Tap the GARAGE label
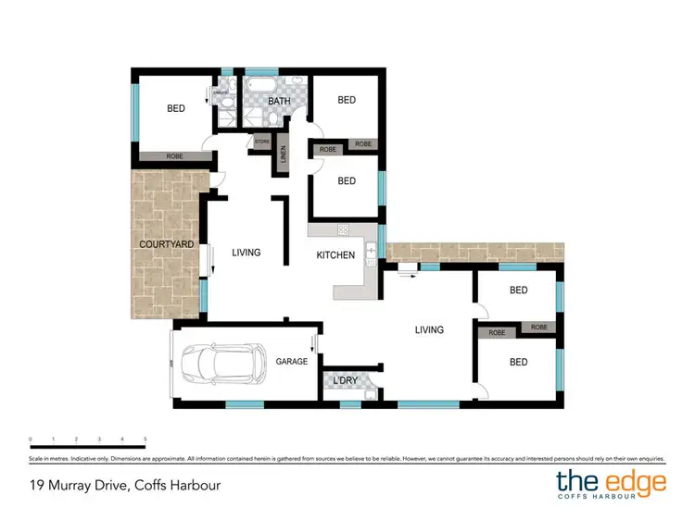(x=291, y=362)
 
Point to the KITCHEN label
(x=335, y=254)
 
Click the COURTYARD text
(x=166, y=244)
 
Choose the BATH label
(x=280, y=101)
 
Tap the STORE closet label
(x=262, y=142)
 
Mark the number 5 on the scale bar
(x=145, y=439)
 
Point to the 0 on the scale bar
(x=31, y=439)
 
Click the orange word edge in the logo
(x=638, y=481)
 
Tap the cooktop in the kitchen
(x=342, y=229)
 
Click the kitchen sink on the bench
(x=371, y=250)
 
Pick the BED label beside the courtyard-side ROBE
(x=175, y=108)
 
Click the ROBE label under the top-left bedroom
(x=174, y=156)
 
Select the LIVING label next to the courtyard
(x=246, y=252)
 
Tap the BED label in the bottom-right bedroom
(x=518, y=363)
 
